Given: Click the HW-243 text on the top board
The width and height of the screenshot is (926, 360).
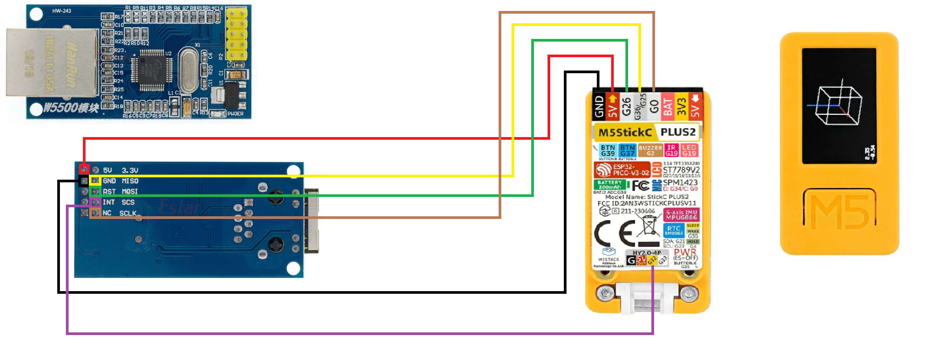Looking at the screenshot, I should [62, 11].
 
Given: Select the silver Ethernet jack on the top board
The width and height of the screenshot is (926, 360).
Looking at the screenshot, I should [52, 63].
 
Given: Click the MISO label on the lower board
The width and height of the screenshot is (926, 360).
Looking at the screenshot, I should [130, 181].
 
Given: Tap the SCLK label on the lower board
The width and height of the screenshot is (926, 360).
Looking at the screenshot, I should [127, 213].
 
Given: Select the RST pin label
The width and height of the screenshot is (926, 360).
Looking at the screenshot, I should [109, 192].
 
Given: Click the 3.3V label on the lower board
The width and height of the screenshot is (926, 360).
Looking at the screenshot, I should [130, 170].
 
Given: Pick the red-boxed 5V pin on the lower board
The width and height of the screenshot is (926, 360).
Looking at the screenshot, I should [84, 169].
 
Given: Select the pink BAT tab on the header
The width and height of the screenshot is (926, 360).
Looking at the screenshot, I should [668, 106].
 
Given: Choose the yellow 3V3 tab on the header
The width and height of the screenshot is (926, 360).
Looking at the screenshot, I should [681, 106].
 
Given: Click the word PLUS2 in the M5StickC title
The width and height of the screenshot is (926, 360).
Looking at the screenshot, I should [678, 132].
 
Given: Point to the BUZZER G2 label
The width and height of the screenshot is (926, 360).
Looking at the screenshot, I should [650, 150].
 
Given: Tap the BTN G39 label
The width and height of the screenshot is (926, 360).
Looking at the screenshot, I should [607, 150].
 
